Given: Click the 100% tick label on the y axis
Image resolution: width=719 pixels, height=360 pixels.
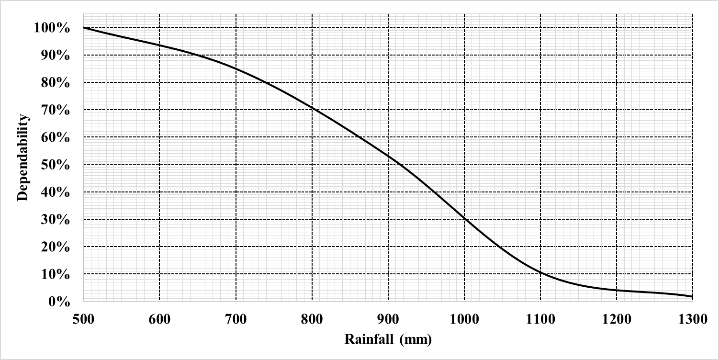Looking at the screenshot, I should [x=52, y=28].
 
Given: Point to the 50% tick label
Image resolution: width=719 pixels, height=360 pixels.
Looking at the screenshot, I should [x=56, y=165].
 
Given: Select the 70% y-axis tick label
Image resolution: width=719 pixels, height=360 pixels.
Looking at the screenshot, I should [x=56, y=110].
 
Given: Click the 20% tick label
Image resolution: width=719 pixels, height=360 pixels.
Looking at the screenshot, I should [x=56, y=247].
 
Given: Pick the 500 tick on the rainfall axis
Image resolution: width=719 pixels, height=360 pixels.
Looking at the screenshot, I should [x=83, y=319].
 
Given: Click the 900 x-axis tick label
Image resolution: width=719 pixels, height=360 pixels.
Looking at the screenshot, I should [x=388, y=319].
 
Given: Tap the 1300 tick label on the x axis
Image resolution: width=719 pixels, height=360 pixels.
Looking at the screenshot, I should [x=692, y=319].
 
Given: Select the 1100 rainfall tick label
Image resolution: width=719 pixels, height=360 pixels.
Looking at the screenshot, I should [x=540, y=319].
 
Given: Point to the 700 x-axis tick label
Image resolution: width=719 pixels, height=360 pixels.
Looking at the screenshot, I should [x=236, y=319].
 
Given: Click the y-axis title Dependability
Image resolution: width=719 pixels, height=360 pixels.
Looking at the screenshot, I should [x=22, y=158].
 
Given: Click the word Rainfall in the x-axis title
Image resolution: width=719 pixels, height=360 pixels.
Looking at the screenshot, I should [x=366, y=340].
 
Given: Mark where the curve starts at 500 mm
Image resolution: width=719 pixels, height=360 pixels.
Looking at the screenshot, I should [x=84, y=27].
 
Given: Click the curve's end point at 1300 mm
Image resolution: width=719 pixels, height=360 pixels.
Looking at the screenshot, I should [x=692, y=297].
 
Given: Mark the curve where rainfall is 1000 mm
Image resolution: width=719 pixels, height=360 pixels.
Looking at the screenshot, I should [x=464, y=219].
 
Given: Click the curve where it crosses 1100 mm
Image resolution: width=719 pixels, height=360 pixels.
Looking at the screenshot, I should [x=540, y=272].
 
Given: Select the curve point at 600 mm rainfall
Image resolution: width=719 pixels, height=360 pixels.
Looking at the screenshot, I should [x=159, y=45].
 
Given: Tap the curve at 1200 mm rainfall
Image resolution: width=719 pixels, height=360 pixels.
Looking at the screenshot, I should [x=616, y=290].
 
